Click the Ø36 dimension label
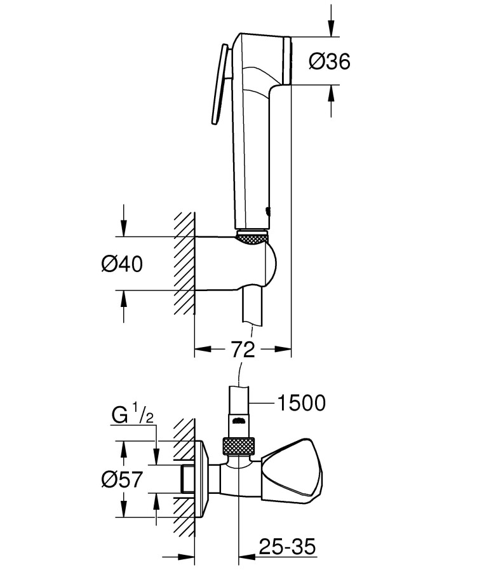[x=329, y=61]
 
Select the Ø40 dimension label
[x=122, y=263]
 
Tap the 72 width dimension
[x=242, y=348]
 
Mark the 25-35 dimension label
[x=286, y=546]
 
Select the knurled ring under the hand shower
[x=252, y=237]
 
